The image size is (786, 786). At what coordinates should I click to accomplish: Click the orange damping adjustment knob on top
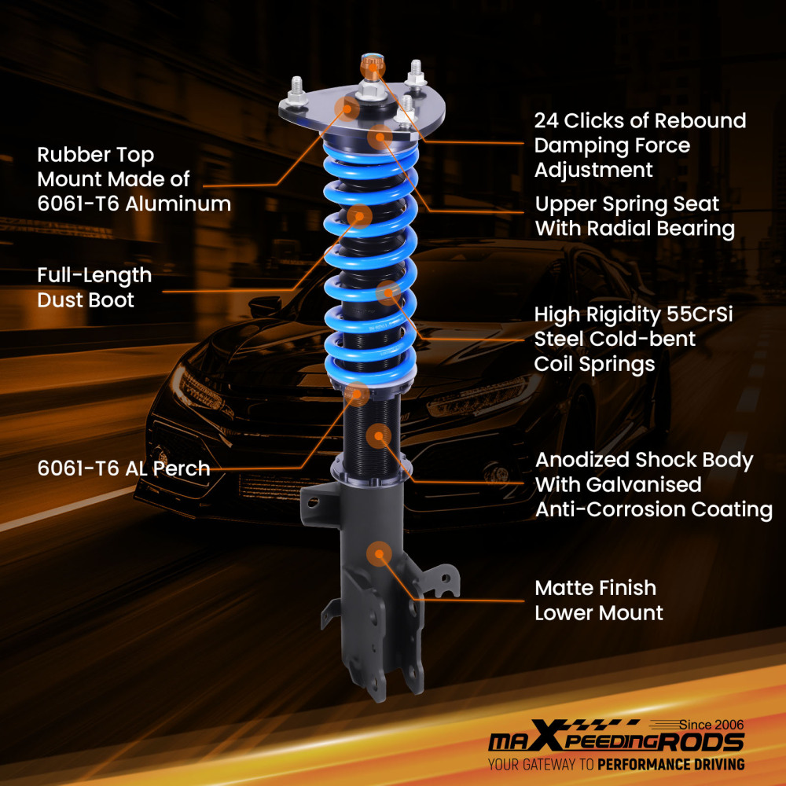click(370, 63)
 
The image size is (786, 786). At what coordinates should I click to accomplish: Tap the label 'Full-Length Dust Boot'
click(94, 288)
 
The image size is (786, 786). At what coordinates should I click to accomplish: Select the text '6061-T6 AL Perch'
click(123, 468)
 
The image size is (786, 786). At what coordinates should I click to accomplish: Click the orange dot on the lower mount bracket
click(380, 554)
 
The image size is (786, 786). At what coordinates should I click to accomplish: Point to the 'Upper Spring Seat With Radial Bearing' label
click(634, 216)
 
